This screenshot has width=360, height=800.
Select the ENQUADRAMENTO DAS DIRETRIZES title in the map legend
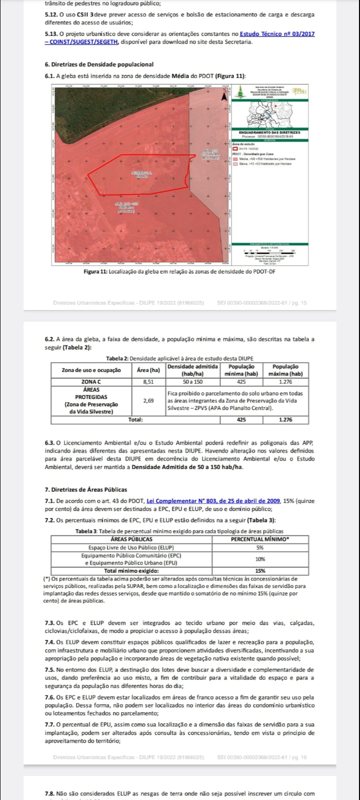click(x=269, y=132)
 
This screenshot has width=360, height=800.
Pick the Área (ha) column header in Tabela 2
click(x=148, y=370)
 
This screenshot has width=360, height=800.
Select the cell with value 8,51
click(x=148, y=381)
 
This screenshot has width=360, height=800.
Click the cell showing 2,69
click(x=148, y=400)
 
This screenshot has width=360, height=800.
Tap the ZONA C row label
click(x=91, y=381)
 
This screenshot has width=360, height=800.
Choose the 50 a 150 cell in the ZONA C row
click(x=193, y=381)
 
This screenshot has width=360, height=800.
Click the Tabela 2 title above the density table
click(x=180, y=358)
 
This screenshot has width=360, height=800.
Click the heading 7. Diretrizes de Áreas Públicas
click(x=86, y=489)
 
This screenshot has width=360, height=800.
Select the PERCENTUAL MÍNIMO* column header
click(x=260, y=539)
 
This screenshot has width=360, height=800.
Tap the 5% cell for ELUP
click(x=260, y=547)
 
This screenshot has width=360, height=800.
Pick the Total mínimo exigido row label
click(x=132, y=570)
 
